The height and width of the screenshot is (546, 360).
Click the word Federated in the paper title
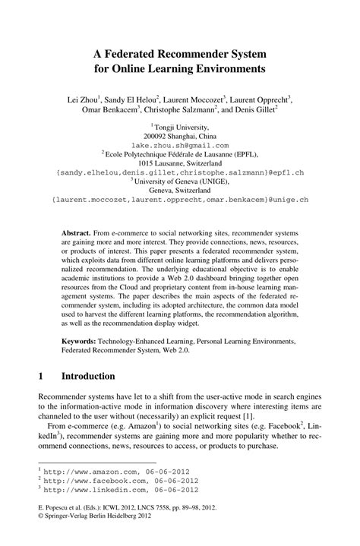[x=144, y=53]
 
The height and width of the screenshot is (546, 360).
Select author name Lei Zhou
[x=80, y=99]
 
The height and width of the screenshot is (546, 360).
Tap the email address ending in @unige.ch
[x=180, y=200]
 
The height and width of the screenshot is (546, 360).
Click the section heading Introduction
[x=88, y=376]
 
